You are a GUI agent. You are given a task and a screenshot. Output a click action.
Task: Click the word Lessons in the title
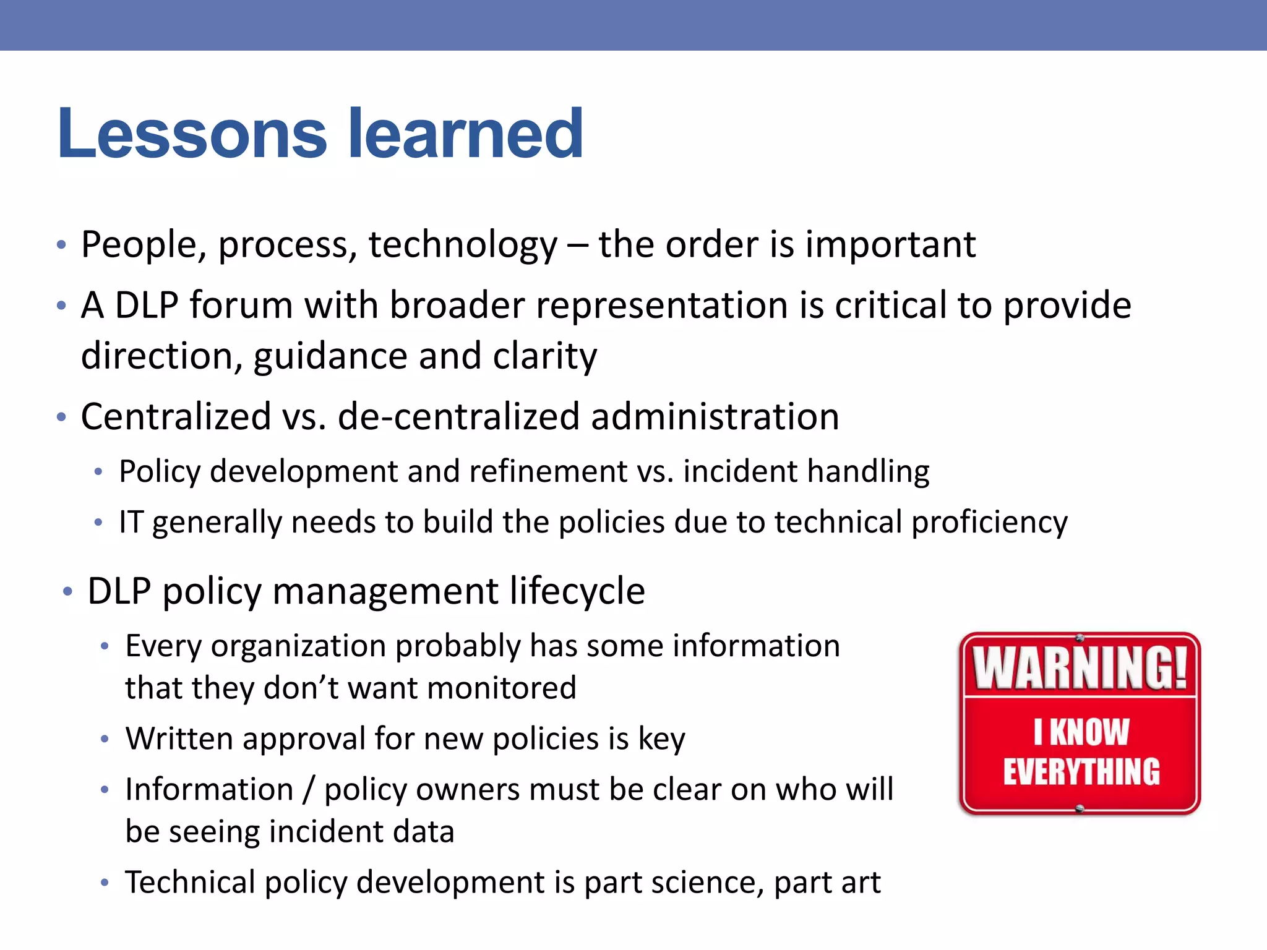[192, 134]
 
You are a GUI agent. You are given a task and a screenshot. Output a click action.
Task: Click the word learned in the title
[465, 134]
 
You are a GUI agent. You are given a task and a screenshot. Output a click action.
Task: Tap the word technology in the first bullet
[463, 245]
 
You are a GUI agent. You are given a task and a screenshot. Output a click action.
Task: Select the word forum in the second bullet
[241, 306]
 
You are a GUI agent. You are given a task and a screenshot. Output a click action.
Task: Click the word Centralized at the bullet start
[176, 416]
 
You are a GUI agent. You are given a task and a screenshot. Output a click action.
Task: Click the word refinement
[548, 471]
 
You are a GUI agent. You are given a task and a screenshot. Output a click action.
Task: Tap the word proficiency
[989, 523]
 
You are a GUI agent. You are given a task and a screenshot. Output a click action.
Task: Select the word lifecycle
[577, 591]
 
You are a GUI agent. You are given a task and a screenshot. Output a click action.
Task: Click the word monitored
[502, 688]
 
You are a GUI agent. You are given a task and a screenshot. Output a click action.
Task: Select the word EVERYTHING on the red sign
[1081, 772]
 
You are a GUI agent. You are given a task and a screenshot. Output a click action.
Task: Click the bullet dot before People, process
[61, 245]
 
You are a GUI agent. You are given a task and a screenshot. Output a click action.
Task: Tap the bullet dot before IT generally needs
[98, 523]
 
